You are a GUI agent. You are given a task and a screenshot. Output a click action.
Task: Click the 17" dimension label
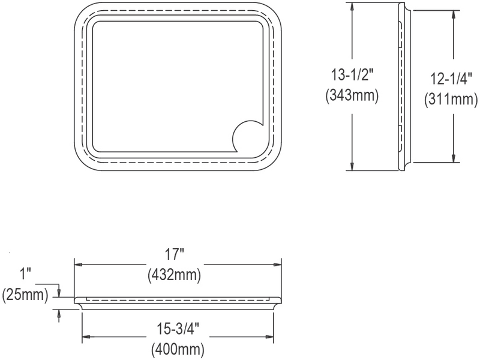coord(175,254)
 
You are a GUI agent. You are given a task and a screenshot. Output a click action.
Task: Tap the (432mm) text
coord(174,275)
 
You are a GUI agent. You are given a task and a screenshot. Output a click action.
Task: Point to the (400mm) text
coord(178,349)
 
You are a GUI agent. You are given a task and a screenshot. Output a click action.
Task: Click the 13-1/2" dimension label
coord(352,75)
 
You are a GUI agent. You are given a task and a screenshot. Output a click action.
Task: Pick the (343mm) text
coord(352,95)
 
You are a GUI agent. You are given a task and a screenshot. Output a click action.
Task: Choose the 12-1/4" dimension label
coord(452,79)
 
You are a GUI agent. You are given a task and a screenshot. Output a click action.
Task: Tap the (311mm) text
coord(451,100)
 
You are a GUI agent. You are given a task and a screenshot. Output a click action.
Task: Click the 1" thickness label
coord(26,274)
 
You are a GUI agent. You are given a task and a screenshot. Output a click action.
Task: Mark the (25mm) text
coord(25,295)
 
